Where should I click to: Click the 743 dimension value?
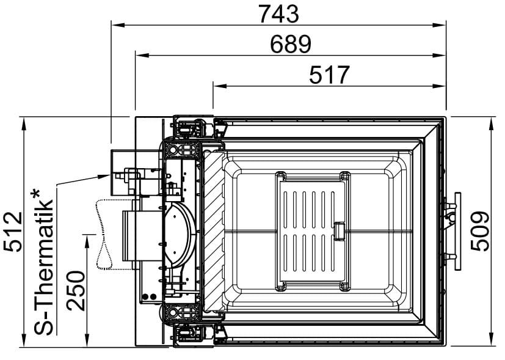[x=279, y=14]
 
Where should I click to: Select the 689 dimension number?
[x=291, y=45]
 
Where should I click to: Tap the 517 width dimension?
[x=329, y=75]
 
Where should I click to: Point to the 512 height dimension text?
[x=13, y=232]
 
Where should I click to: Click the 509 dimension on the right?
[x=479, y=231]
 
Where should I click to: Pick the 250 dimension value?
[x=76, y=291]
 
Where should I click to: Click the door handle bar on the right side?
[x=457, y=231]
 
